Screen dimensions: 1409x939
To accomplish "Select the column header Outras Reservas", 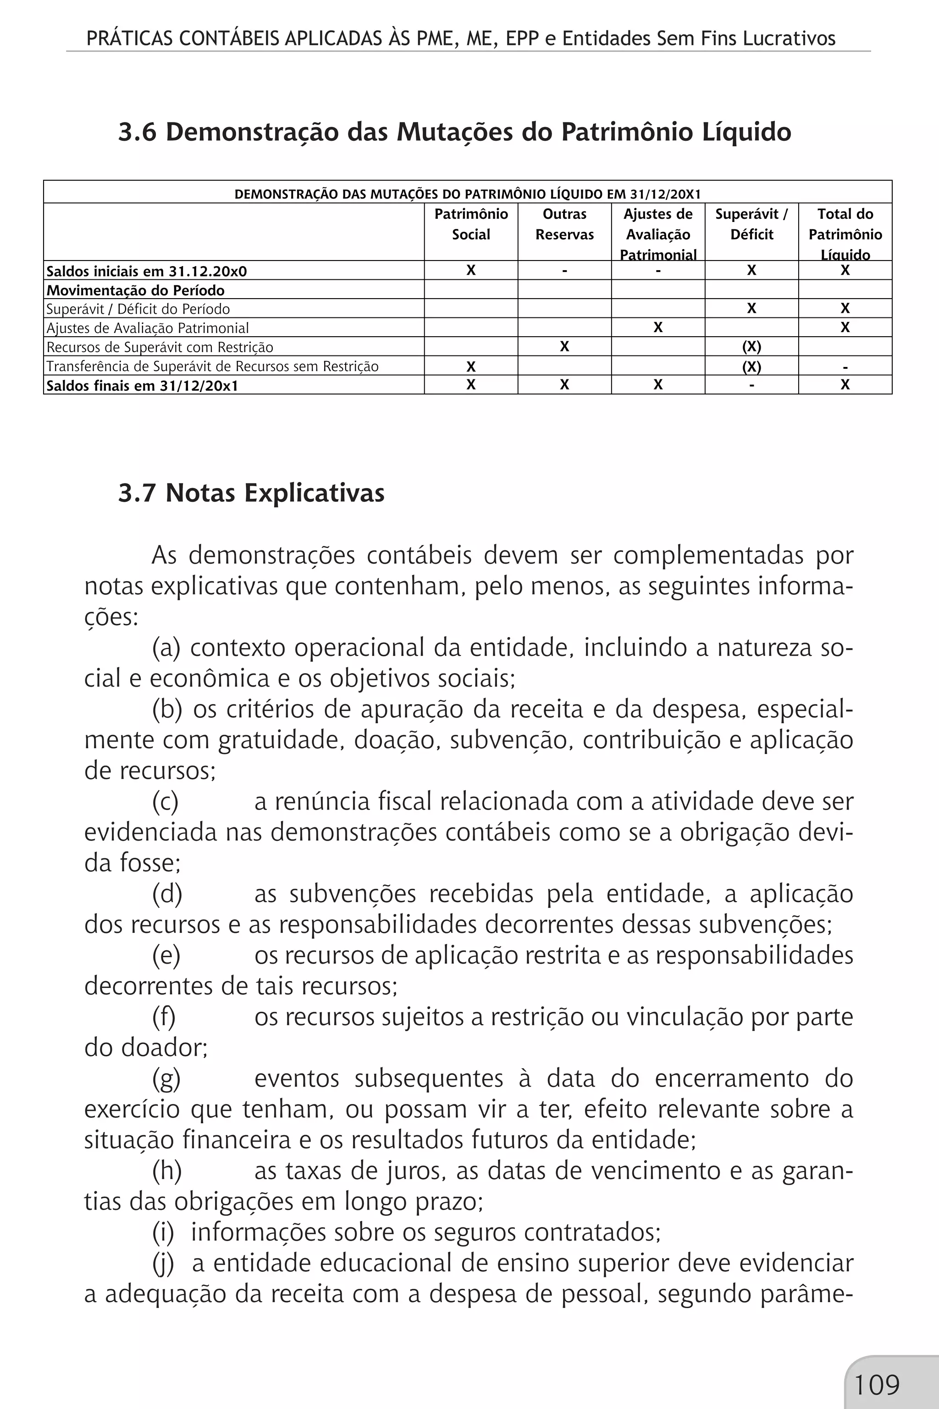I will pos(564,224).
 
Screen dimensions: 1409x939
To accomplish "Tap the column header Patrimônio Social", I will pos(471,224).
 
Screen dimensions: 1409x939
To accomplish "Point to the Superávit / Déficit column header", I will pos(751,224).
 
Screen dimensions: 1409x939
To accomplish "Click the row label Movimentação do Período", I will pos(135,290).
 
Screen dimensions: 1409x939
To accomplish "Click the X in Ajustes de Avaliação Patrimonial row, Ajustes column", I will pos(657,327).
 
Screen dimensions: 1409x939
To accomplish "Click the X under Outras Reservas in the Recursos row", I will pos(564,347).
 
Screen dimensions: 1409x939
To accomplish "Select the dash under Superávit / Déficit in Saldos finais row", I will pos(751,385).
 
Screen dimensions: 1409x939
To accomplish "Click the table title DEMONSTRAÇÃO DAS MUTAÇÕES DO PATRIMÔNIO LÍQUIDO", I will pos(467,194).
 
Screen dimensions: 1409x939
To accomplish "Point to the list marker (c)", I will pos(165,802).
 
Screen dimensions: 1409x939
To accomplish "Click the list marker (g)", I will pos(166,1078).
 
